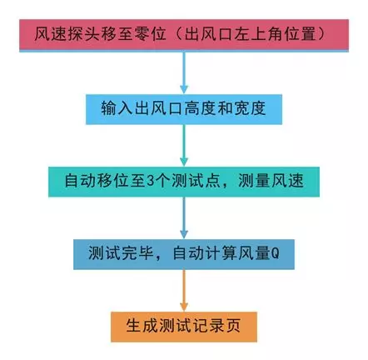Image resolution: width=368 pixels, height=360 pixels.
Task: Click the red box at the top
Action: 184,35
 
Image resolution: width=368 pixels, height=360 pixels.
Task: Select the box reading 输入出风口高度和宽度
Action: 184,109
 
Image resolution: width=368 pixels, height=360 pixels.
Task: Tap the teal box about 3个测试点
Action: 184,182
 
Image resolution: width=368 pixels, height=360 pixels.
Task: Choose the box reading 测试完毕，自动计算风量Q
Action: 184,254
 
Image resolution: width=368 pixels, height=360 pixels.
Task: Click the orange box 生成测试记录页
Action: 184,327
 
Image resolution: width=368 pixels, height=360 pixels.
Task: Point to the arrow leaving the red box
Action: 184,72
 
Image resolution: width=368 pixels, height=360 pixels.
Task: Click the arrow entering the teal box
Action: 184,146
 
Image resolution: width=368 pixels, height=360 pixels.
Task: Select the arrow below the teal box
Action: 184,218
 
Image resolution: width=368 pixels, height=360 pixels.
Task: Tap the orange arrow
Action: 184,291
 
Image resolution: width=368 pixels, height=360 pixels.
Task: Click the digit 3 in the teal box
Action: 150,181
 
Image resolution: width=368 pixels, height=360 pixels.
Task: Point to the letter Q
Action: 275,253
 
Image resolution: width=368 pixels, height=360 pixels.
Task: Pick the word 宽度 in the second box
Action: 250,108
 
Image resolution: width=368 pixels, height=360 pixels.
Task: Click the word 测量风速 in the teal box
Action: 271,181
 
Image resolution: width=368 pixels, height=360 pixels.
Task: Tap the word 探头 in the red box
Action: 83,34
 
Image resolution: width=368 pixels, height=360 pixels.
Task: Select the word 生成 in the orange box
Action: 142,326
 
